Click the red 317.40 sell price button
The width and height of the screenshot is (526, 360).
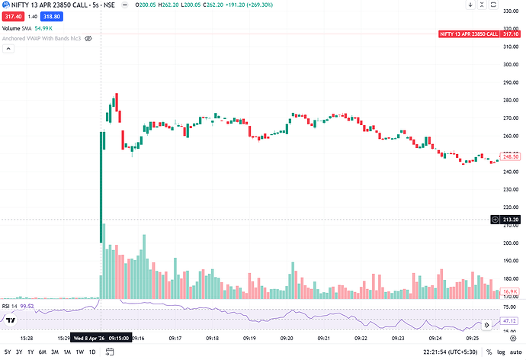pyautogui.click(x=12, y=17)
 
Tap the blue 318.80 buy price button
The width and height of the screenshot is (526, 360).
pyautogui.click(x=52, y=17)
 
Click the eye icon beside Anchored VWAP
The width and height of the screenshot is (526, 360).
pyautogui.click(x=88, y=37)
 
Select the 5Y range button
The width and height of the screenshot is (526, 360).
pyautogui.click(x=7, y=352)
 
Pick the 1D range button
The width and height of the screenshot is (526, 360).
pyautogui.click(x=92, y=352)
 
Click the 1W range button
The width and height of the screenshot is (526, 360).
pyautogui.click(x=79, y=352)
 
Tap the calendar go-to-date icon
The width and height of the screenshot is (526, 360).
pyautogui.click(x=108, y=352)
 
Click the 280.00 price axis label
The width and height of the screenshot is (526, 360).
pyautogui.click(x=508, y=100)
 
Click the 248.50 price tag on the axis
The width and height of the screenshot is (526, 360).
pyautogui.click(x=509, y=156)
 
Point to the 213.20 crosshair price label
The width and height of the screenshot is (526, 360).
pyautogui.click(x=509, y=220)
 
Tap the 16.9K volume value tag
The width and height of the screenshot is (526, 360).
pyautogui.click(x=509, y=291)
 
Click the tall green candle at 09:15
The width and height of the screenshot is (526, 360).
pyautogui.click(x=102, y=187)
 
